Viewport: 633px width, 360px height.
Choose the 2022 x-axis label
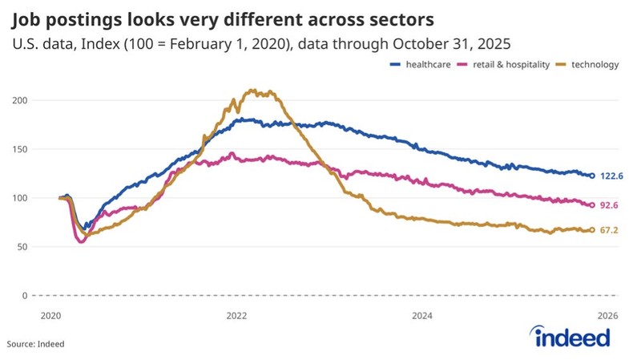pyautogui.click(x=236, y=314)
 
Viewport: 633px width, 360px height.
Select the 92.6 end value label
pyautogui.click(x=610, y=205)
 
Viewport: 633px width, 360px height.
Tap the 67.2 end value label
pyautogui.click(x=610, y=230)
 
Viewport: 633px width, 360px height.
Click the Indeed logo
pyautogui.click(x=570, y=338)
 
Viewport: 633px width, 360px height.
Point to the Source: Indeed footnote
pyautogui.click(x=36, y=344)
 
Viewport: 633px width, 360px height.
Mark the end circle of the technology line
pyautogui.click(x=592, y=230)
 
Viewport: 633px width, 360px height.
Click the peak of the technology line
pyautogui.click(x=254, y=91)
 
